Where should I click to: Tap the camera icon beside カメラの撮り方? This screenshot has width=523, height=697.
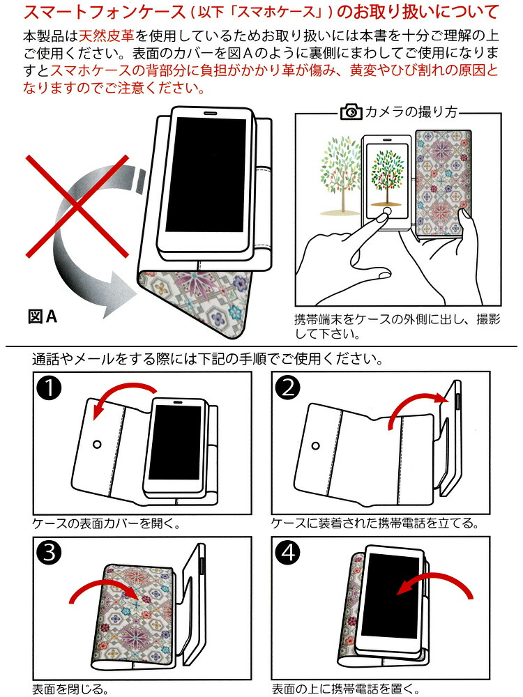click(x=351, y=112)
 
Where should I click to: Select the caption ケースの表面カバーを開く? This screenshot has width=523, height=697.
click(x=102, y=523)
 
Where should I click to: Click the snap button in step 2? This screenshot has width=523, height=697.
click(x=317, y=445)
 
